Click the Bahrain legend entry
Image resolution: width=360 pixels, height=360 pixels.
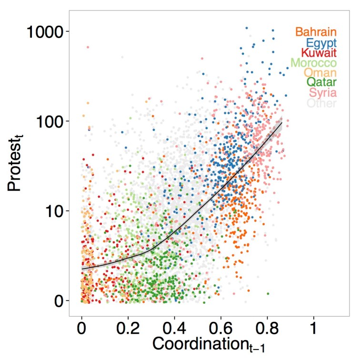pyautogui.click(x=316, y=32)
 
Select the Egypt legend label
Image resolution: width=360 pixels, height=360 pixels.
pyautogui.click(x=321, y=43)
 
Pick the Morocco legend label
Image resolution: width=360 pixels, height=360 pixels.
pyautogui.click(x=313, y=63)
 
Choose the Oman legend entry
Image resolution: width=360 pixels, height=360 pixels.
pyautogui.click(x=320, y=73)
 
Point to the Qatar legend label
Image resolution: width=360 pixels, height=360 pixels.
pyautogui.click(x=320, y=83)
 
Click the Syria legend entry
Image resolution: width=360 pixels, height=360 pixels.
pyautogui.click(x=322, y=93)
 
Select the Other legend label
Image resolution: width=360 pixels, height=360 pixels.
pyautogui.click(x=321, y=103)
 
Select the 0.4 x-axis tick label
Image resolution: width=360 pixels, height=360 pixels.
pyautogui.click(x=175, y=330)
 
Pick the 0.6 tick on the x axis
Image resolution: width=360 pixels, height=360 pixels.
pyautogui.click(x=221, y=330)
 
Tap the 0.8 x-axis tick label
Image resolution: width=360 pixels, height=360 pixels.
pyautogui.click(x=267, y=330)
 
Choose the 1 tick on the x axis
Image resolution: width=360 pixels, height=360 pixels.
pyautogui.click(x=313, y=330)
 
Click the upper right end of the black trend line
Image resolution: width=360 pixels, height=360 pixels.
pyautogui.click(x=282, y=123)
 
